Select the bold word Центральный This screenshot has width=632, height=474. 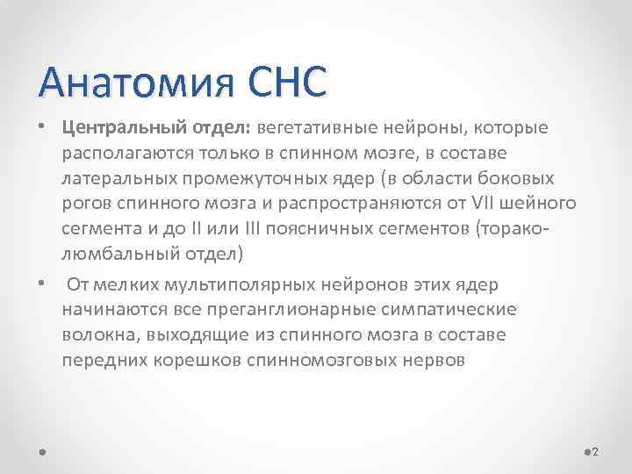point(116,129)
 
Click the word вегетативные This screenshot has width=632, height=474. point(312,129)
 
